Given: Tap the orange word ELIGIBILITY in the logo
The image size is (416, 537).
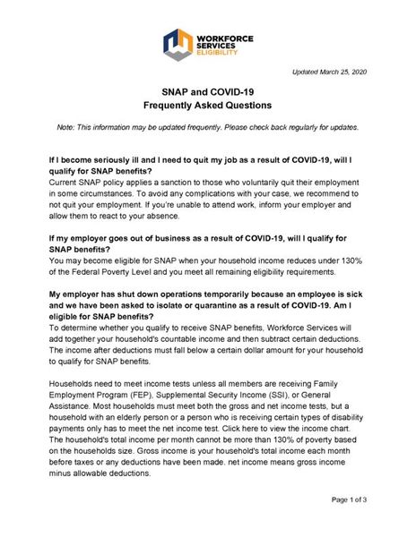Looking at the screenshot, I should [x=220, y=53].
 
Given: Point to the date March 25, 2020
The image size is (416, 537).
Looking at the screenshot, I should [x=340, y=72].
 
